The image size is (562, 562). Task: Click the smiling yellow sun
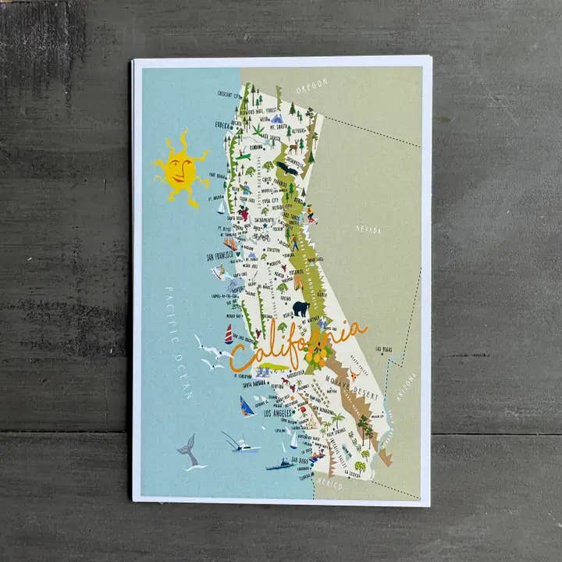tap(181, 169)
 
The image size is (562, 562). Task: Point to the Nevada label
tap(368, 229)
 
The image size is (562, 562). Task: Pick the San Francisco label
tap(220, 255)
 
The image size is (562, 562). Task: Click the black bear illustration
tap(301, 308)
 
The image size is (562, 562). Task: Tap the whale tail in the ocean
tap(187, 451)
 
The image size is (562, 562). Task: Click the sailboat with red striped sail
tap(229, 335)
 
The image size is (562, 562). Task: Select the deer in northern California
tap(293, 146)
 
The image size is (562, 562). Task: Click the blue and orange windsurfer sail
tap(247, 407)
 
